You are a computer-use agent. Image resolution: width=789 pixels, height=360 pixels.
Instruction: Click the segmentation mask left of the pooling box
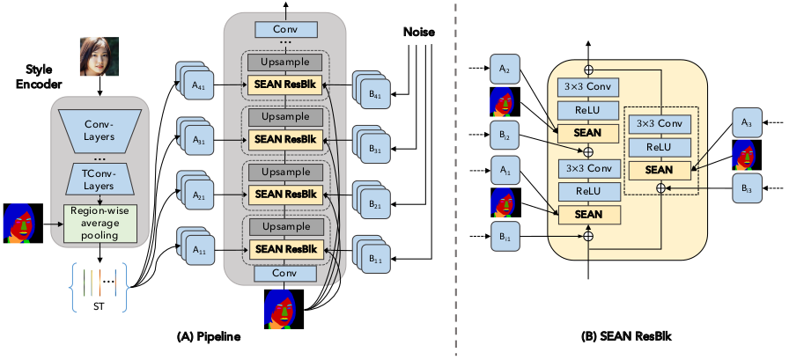pyautogui.click(x=21, y=223)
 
